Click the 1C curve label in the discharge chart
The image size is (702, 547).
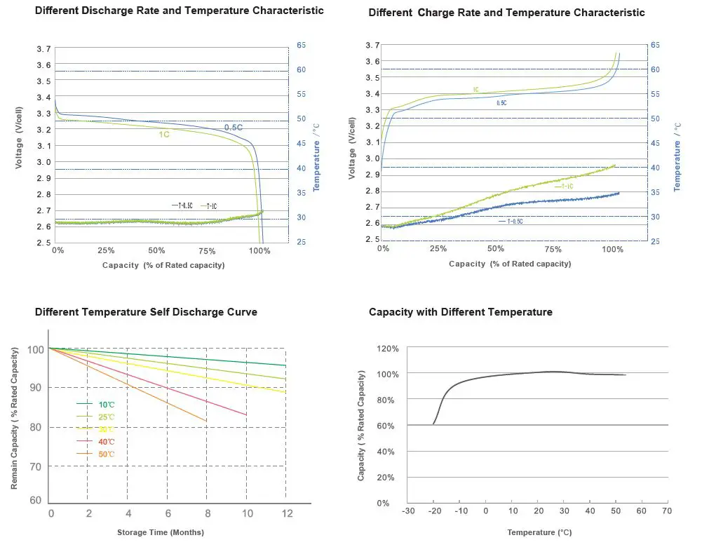coord(164,134)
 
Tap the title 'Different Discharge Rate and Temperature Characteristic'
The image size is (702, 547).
coord(180,11)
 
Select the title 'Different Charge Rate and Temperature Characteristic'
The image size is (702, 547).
coord(506,13)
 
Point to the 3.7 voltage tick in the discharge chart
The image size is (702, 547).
coord(43,48)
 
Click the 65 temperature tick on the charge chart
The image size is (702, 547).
coord(655,45)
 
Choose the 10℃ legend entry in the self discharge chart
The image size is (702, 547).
coord(104,404)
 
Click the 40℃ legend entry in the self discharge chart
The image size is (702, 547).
coord(104,442)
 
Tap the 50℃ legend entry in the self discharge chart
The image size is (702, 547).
coord(104,454)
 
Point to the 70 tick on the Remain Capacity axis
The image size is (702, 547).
coord(35,466)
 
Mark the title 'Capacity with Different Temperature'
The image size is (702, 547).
coord(461,312)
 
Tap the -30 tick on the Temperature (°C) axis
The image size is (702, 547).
coord(409,511)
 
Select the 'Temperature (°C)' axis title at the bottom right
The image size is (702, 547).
coord(539,533)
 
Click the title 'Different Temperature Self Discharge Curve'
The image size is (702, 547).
coord(146,312)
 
